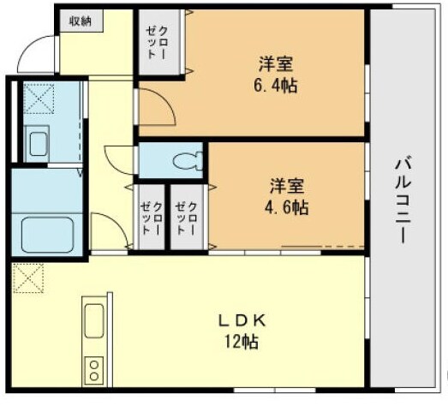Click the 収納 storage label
pyautogui.click(x=81, y=21)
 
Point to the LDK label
pyautogui.click(x=243, y=320)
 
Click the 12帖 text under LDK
pyautogui.click(x=243, y=341)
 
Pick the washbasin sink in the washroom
pyautogui.click(x=39, y=142)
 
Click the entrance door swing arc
pyautogui.click(x=36, y=56)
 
